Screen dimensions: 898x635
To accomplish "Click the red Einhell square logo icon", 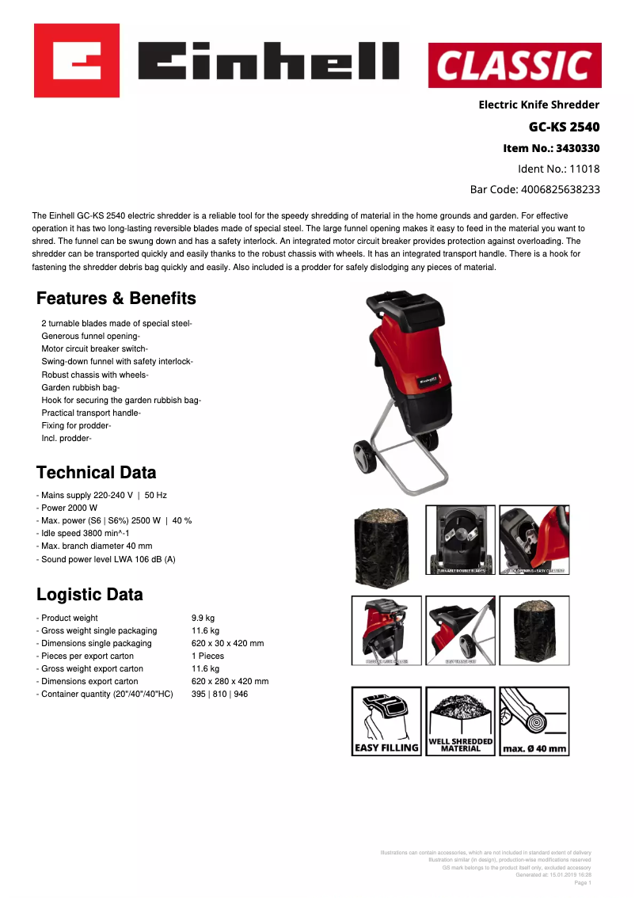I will click(x=76, y=61).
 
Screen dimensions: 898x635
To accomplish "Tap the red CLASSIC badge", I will click(x=515, y=65).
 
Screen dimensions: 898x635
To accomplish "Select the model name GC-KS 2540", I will click(x=564, y=127).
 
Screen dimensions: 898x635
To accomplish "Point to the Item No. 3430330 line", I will click(x=551, y=148).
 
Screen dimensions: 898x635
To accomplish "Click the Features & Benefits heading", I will click(x=116, y=299).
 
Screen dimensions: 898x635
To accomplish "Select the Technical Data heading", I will click(x=97, y=473).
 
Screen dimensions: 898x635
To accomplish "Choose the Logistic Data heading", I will click(x=89, y=595).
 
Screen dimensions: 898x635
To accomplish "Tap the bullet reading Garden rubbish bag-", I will click(x=80, y=387).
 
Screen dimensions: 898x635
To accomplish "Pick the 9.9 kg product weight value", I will click(x=203, y=618).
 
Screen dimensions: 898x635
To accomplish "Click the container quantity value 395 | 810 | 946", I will click(x=219, y=694).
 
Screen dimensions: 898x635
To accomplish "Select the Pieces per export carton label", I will click(x=87, y=656).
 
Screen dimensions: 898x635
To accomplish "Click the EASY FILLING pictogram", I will click(x=386, y=721).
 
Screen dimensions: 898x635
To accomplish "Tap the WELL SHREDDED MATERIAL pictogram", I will click(x=460, y=721).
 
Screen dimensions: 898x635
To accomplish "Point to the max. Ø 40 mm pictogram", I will click(x=534, y=721).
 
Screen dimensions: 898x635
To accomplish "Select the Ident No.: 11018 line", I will click(x=558, y=169).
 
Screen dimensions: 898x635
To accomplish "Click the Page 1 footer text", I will click(x=582, y=882).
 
